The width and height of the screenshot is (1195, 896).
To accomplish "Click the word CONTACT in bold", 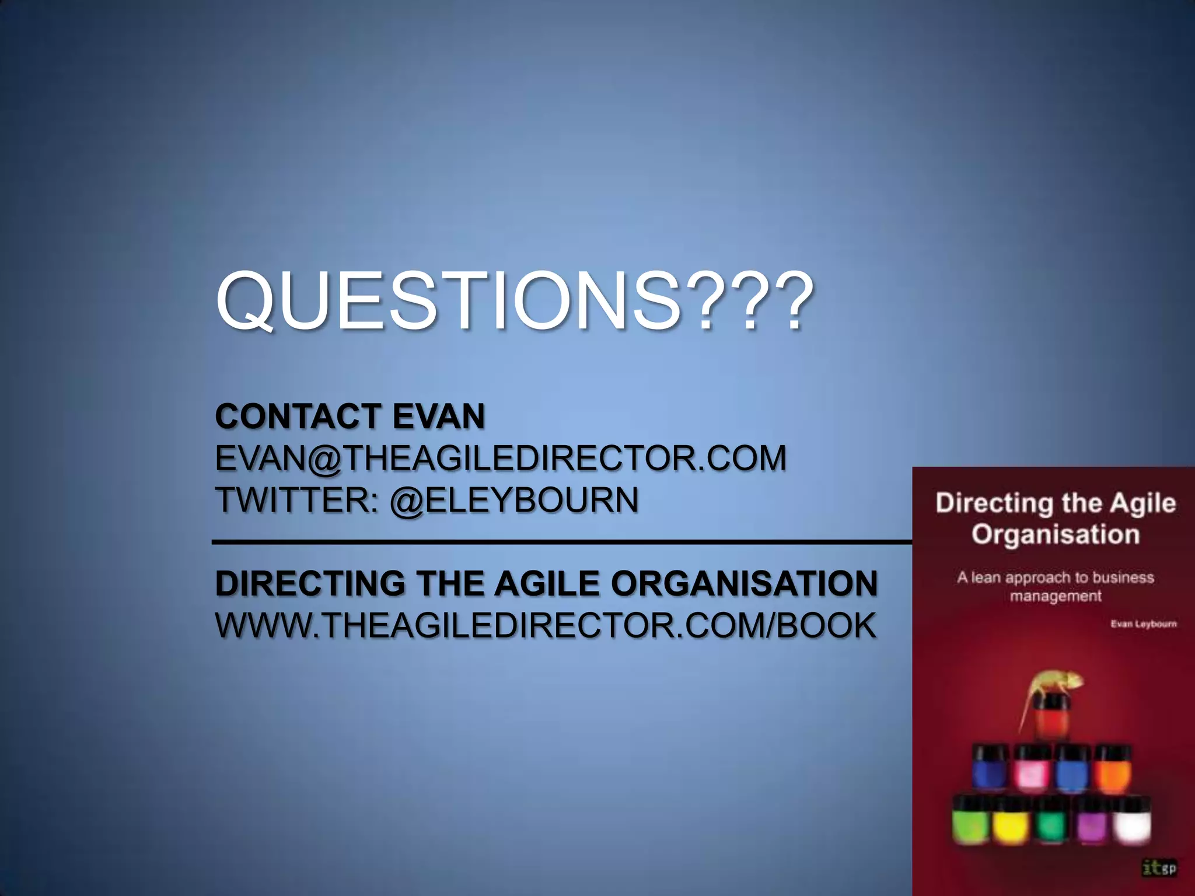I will (x=298, y=416).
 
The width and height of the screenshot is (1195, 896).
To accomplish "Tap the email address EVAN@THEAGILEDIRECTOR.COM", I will (x=501, y=458).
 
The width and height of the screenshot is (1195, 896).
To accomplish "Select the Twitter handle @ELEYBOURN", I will (x=513, y=500).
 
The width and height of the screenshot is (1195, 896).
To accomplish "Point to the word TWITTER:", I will (x=298, y=500).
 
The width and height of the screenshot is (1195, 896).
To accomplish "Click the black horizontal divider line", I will (x=560, y=542).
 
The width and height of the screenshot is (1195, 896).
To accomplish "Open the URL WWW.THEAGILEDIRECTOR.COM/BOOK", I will (x=546, y=625).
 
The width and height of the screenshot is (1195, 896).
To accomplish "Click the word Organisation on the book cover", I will (x=1055, y=534).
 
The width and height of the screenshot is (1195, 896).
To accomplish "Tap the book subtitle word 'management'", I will (x=1056, y=596).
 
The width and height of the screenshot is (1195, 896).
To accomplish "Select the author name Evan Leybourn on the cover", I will (x=1143, y=624).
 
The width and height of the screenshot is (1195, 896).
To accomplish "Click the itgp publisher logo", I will (x=1159, y=869).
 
